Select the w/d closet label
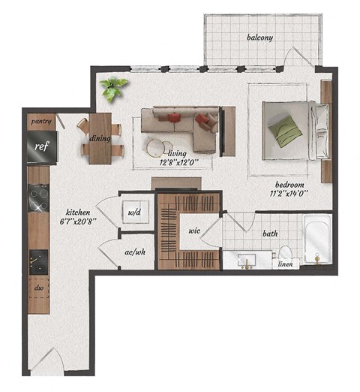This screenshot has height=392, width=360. tap(136, 213)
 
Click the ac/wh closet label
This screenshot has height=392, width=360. tap(136, 252)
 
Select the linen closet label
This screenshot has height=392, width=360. tap(286, 264)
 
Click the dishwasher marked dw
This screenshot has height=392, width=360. tap(38, 287)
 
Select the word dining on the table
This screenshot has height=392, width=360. tap(100, 138)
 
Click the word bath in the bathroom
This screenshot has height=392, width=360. tap(270, 234)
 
